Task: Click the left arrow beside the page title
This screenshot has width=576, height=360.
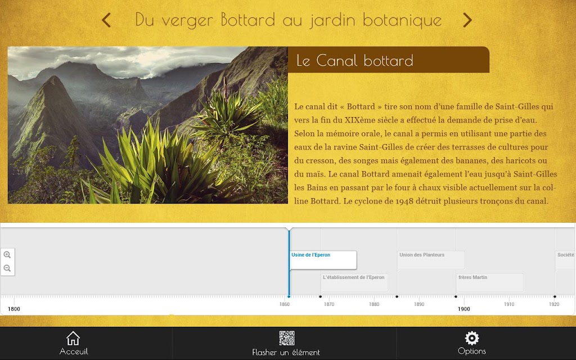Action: click(x=106, y=20)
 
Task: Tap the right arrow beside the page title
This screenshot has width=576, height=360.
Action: click(x=467, y=20)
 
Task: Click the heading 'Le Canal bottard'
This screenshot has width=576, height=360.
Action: click(x=354, y=61)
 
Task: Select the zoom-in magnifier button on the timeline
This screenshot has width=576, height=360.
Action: click(x=7, y=255)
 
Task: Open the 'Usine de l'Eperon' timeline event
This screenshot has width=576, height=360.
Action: click(x=310, y=255)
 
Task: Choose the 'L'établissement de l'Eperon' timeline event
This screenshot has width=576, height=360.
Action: click(x=353, y=277)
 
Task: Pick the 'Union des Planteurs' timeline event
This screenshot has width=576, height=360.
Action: click(x=422, y=255)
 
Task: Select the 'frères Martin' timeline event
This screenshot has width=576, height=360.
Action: click(x=472, y=277)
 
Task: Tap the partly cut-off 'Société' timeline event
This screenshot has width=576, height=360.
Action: click(x=566, y=255)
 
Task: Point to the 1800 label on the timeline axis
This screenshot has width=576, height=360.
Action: click(x=14, y=309)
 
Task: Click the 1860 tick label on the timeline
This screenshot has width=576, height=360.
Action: click(x=284, y=304)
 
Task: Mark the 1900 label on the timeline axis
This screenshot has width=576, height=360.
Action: click(x=463, y=309)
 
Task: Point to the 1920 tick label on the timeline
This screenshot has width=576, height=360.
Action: click(x=554, y=304)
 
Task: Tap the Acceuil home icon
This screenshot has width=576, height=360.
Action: click(x=73, y=338)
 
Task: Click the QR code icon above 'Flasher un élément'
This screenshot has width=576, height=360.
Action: click(x=286, y=338)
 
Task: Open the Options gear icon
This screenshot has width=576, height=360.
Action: click(x=472, y=338)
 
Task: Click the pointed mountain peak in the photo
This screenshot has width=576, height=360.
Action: click(x=54, y=78)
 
